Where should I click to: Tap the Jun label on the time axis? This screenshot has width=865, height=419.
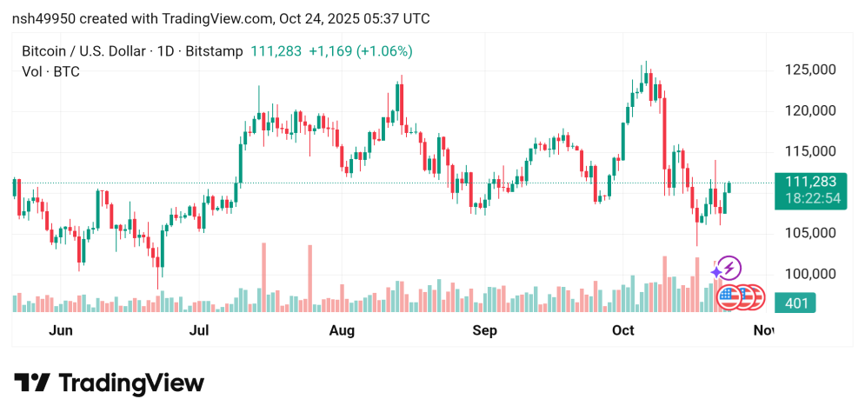pyautogui.click(x=60, y=330)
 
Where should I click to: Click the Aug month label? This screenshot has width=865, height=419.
pyautogui.click(x=343, y=330)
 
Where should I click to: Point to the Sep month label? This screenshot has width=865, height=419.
pyautogui.click(x=484, y=330)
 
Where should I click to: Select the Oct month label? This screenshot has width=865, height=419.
pyautogui.click(x=623, y=330)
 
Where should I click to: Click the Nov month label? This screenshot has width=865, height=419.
pyautogui.click(x=763, y=330)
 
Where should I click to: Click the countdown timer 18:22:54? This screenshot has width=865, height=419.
pyautogui.click(x=811, y=199)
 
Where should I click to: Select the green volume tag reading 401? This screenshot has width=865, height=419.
pyautogui.click(x=795, y=303)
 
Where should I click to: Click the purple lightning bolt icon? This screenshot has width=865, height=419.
pyautogui.click(x=729, y=268)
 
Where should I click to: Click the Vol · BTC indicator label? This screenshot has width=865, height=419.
pyautogui.click(x=50, y=72)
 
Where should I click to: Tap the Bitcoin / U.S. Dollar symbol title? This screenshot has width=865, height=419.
pyautogui.click(x=83, y=51)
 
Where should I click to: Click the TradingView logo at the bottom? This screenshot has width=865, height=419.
pyautogui.click(x=109, y=383)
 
